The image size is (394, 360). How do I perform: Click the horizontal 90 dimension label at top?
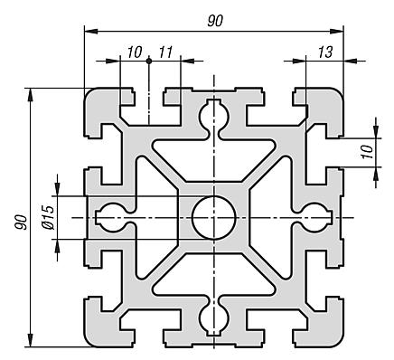pos(214,22)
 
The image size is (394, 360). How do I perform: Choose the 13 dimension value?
pos(325,53)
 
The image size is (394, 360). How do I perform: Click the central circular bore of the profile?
pos(214,216)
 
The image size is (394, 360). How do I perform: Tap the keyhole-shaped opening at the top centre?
pos(214,116)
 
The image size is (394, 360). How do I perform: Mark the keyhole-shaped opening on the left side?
pos(114,216)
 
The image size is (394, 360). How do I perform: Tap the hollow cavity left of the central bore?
pos(155,216)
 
